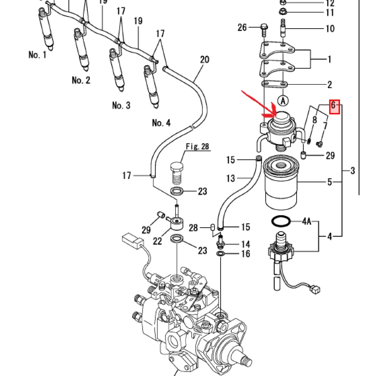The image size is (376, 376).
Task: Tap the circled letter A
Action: click(282, 100)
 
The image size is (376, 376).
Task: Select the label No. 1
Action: click(37, 55)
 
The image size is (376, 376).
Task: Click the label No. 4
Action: click(161, 123)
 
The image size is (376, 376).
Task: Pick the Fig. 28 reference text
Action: click(197, 147)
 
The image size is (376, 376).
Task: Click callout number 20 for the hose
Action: click(205, 59)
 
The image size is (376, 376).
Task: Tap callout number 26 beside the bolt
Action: click(242, 27)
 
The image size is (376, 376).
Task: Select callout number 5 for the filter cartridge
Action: click(329, 181)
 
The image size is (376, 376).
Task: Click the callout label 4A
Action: click(307, 222)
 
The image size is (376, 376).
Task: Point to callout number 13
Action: click(230, 178)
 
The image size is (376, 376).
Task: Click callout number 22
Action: click(158, 241)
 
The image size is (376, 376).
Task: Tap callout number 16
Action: click(246, 254)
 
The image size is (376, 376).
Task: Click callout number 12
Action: click(330, 4)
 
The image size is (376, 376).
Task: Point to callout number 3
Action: click(352, 170)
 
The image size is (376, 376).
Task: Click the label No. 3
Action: click(121, 106)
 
